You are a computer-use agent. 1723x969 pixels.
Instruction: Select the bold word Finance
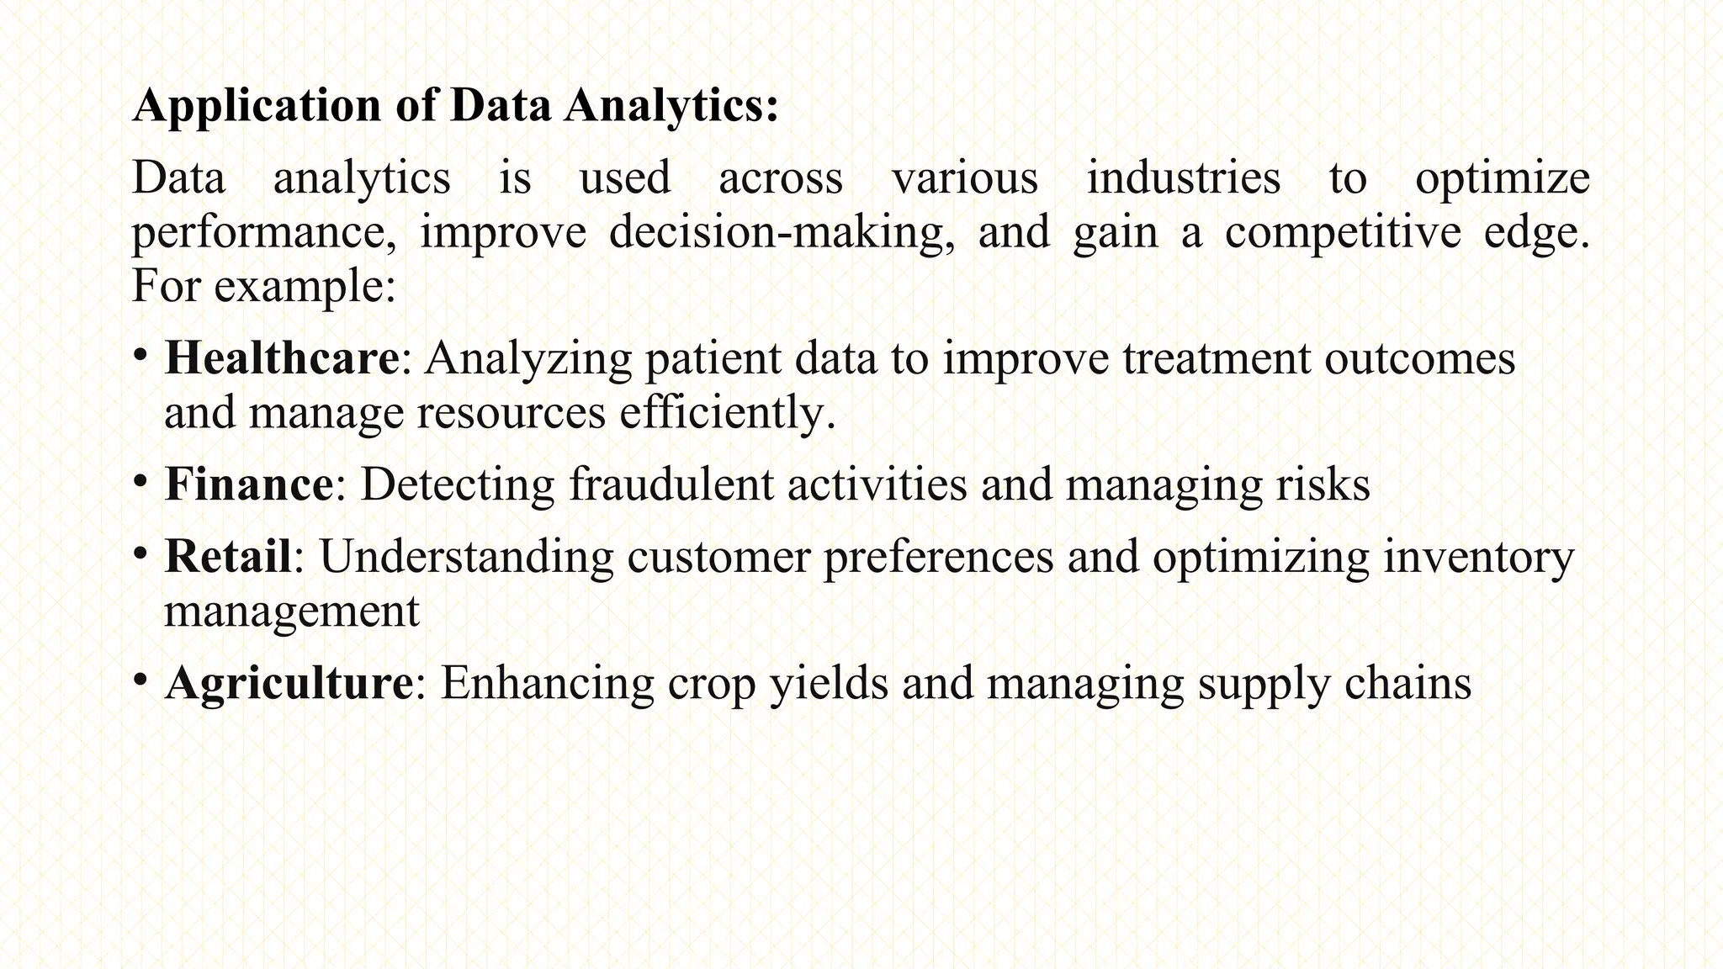click(249, 484)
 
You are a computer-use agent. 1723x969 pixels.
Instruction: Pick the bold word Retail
click(228, 556)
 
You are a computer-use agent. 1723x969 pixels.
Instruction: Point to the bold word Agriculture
click(289, 682)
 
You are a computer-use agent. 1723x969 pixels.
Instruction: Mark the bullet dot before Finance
click(140, 479)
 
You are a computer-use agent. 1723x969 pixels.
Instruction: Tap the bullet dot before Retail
click(140, 551)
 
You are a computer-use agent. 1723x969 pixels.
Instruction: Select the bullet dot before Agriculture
click(140, 677)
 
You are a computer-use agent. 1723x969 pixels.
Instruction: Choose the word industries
click(1184, 178)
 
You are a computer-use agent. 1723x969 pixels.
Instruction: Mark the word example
click(304, 287)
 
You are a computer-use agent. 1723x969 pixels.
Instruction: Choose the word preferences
click(938, 558)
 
